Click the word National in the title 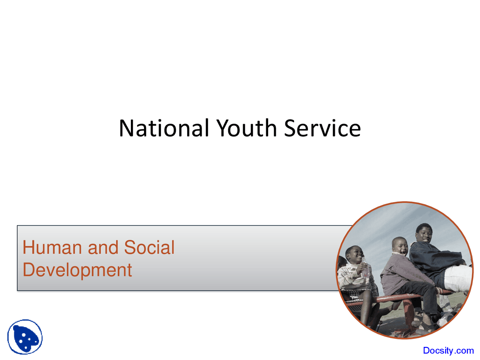[164, 128]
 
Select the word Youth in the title [247, 128]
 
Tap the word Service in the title [322, 128]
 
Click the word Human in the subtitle [52, 247]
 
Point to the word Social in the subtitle [149, 247]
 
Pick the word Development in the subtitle [77, 270]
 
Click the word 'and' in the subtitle [103, 247]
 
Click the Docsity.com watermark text [448, 350]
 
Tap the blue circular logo [25, 337]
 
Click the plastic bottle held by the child [365, 268]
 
